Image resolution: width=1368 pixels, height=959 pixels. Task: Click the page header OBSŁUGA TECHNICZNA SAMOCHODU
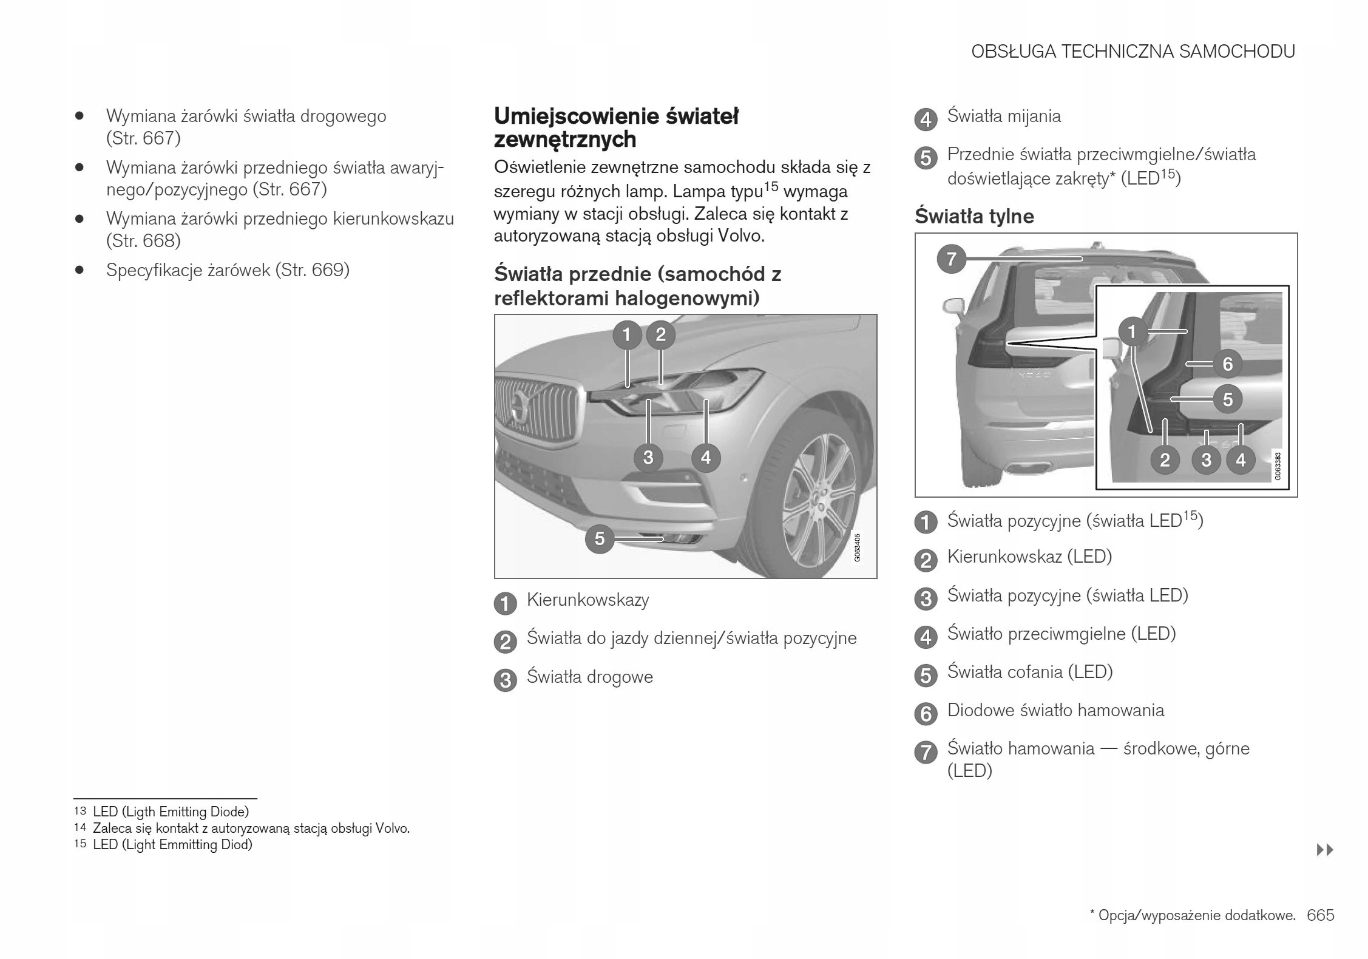1133,52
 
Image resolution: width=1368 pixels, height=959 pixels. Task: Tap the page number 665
1321,915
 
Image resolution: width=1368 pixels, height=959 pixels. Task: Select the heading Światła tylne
974,216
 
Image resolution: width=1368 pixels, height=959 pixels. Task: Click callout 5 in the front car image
600,538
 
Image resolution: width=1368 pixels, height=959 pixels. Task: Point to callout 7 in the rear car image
951,259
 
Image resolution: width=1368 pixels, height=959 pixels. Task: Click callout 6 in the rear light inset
1227,364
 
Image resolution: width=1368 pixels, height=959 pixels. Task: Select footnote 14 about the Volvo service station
251,828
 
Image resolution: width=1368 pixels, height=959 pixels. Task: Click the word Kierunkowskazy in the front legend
587,600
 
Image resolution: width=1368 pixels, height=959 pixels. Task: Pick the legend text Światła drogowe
589,677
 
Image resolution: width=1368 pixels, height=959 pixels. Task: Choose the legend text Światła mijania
1004,116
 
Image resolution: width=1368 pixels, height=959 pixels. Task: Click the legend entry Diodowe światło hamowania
1055,710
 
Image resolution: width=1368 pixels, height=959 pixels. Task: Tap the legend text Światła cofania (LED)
1030,672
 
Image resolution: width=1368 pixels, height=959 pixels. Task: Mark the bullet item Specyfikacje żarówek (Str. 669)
228,270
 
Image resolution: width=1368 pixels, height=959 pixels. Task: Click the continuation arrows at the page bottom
1325,850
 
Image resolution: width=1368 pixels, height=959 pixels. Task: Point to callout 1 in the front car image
627,334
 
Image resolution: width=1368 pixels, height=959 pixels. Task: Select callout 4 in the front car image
705,457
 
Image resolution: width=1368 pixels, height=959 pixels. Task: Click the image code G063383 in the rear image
1278,466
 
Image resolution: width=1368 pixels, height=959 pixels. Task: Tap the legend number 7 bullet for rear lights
926,753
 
